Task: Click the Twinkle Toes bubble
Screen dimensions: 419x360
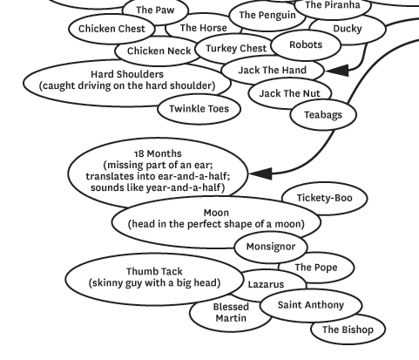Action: pyautogui.click(x=199, y=109)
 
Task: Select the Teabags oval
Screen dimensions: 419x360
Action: pyautogui.click(x=323, y=115)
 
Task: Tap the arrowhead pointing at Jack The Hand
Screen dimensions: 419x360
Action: pyautogui.click(x=337, y=71)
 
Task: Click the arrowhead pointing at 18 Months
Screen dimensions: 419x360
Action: pyautogui.click(x=260, y=173)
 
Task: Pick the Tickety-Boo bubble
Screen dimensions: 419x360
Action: pyautogui.click(x=324, y=198)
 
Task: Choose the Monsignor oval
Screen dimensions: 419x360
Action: pyautogui.click(x=271, y=247)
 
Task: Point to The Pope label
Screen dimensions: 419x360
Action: pyautogui.click(x=316, y=268)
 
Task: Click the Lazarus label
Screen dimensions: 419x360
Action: pyautogui.click(x=266, y=284)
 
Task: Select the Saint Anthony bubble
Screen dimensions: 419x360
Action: pyautogui.click(x=311, y=305)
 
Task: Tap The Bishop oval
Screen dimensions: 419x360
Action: pyautogui.click(x=348, y=329)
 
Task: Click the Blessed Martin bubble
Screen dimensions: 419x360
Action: pyautogui.click(x=231, y=313)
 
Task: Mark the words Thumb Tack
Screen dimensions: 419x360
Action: pyautogui.click(x=154, y=272)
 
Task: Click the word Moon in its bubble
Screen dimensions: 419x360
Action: pyautogui.click(x=216, y=213)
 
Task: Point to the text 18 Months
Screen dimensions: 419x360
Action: pyautogui.click(x=158, y=153)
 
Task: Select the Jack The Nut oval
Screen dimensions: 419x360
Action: pyautogui.click(x=290, y=93)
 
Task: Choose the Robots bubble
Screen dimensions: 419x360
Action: pyautogui.click(x=306, y=45)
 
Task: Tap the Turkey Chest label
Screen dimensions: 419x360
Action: pyautogui.click(x=236, y=49)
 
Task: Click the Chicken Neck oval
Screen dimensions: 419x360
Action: pyautogui.click(x=159, y=51)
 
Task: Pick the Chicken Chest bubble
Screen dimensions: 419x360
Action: pyautogui.click(x=112, y=29)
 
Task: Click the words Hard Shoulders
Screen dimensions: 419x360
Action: pyautogui.click(x=127, y=74)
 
